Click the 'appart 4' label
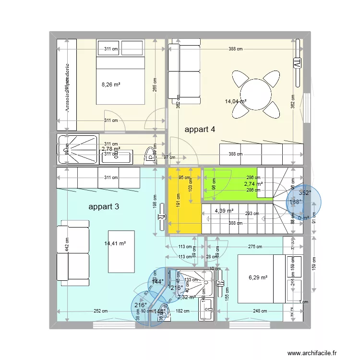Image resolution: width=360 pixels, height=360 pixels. [x=200, y=129]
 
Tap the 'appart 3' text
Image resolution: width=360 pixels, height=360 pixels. [x=104, y=207]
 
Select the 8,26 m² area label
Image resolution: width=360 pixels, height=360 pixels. [x=110, y=84]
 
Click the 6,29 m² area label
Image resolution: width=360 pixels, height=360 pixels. [x=258, y=277]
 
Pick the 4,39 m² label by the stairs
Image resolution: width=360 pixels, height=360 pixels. [x=224, y=210]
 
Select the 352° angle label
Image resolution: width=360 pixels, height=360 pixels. [x=305, y=193]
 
